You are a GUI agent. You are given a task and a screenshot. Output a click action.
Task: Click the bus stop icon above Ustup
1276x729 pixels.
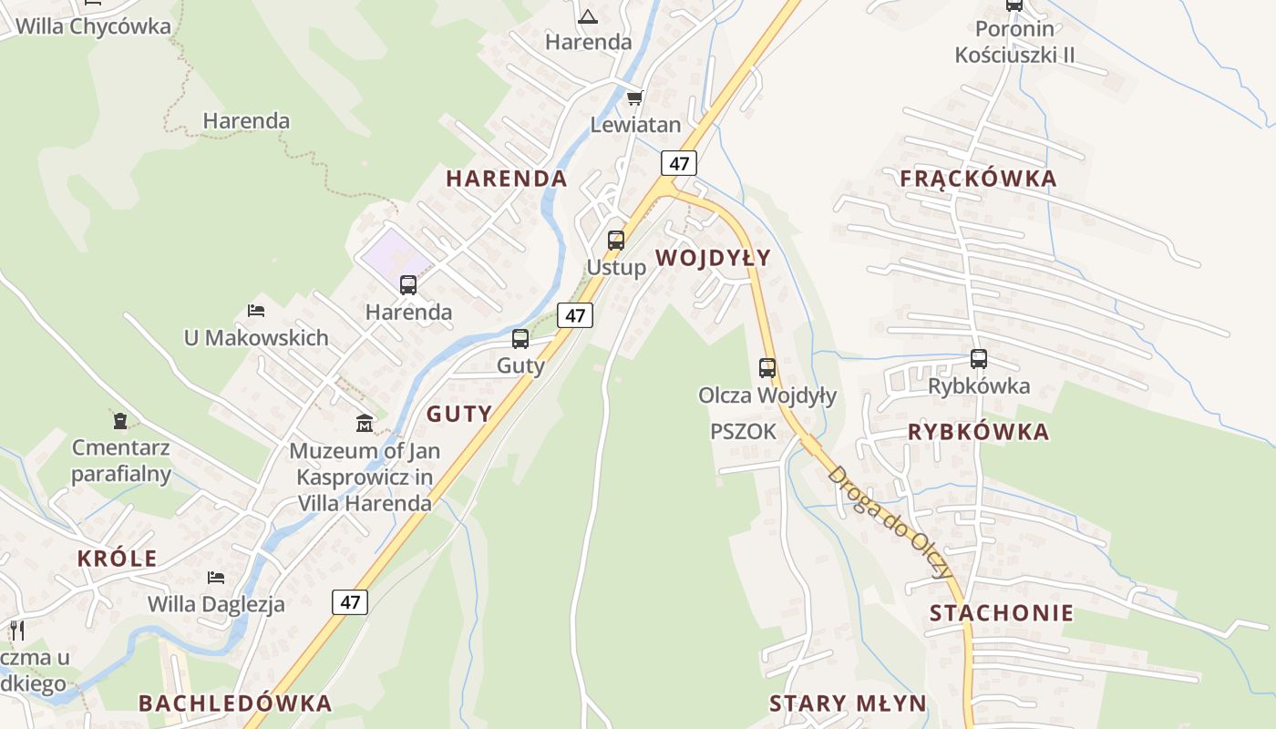[x=616, y=241]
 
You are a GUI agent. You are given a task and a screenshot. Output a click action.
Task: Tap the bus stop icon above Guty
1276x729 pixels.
[x=520, y=339]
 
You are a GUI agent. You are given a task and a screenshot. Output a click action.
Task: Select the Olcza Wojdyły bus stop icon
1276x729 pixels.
[x=767, y=368]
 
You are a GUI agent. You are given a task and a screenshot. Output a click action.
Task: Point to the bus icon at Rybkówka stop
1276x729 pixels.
[x=979, y=359]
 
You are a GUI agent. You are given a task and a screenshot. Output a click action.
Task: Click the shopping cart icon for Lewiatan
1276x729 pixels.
[x=634, y=98]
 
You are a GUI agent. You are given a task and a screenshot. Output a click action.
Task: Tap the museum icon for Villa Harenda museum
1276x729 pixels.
[x=365, y=423]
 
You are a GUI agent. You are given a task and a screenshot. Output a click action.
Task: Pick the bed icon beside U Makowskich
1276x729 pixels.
[x=256, y=311]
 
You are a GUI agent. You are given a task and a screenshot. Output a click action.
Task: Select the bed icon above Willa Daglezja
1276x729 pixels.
[x=216, y=577]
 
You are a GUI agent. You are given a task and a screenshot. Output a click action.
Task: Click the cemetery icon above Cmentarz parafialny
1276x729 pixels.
[x=120, y=420]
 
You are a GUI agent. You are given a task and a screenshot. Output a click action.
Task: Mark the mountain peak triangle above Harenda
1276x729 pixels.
[x=588, y=15]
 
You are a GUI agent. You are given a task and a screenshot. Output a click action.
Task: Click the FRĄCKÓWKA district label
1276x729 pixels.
[x=978, y=179]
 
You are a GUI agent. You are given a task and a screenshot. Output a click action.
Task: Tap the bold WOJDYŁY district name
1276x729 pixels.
[x=713, y=258]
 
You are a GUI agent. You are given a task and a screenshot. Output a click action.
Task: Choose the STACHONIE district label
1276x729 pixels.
[x=1002, y=613]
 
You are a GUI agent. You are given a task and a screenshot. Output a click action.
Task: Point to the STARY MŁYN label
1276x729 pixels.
[x=848, y=703]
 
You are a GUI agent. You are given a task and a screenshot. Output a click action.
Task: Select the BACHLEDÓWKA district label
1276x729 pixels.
[x=234, y=703]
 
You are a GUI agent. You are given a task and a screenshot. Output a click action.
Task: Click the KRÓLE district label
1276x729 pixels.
[x=117, y=559]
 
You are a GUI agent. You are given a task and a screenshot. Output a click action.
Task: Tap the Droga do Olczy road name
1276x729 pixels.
[x=890, y=522]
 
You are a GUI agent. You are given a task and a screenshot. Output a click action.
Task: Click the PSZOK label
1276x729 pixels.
[x=743, y=432]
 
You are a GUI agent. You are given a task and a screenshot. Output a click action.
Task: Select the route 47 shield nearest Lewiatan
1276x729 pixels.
[x=679, y=163]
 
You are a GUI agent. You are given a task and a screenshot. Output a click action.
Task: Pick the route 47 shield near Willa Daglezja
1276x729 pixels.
[x=350, y=601]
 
